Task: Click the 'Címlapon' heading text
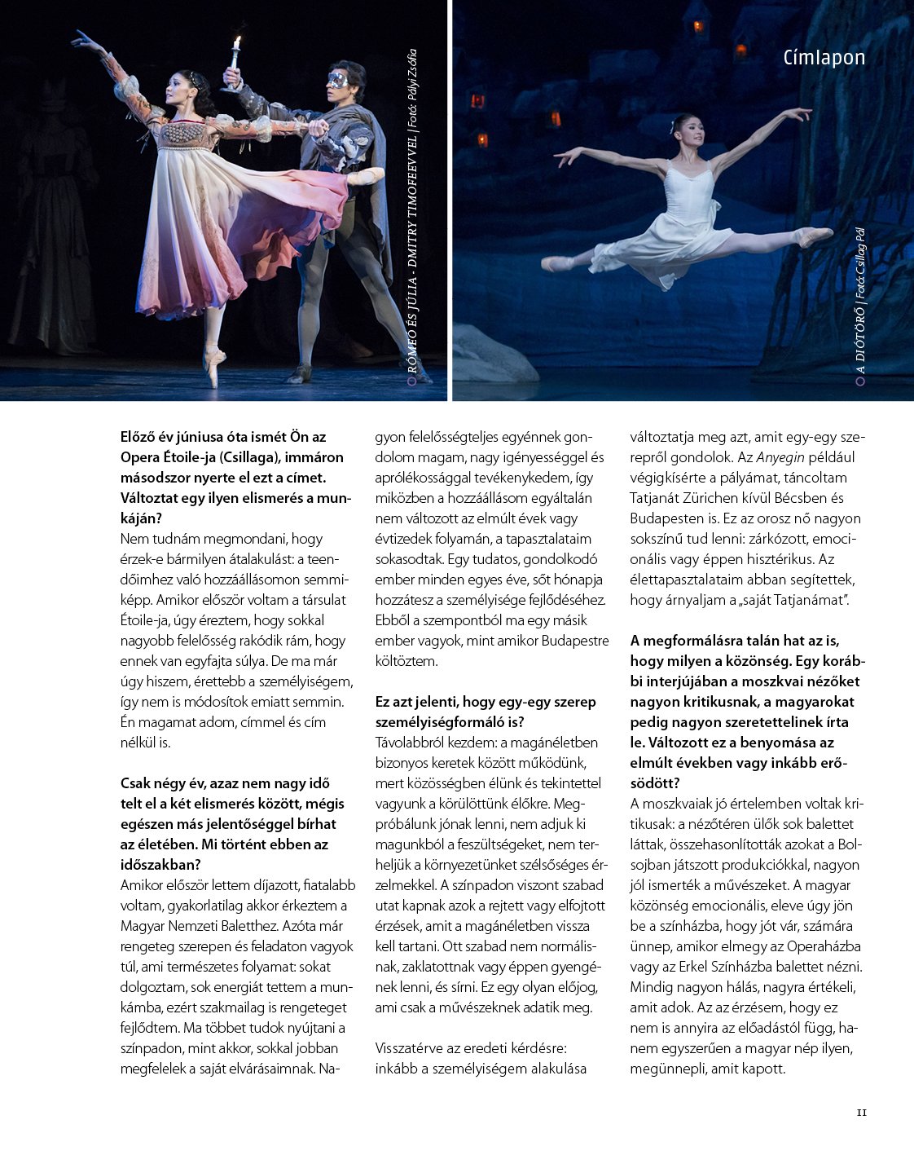[x=824, y=58]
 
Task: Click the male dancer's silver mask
[x=337, y=80]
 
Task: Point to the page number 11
[x=862, y=1113]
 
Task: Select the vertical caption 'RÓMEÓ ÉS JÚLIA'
[x=412, y=326]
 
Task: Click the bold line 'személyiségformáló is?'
[x=450, y=722]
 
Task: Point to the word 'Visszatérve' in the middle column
[x=413, y=1048]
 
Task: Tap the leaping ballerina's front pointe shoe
[x=816, y=236]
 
